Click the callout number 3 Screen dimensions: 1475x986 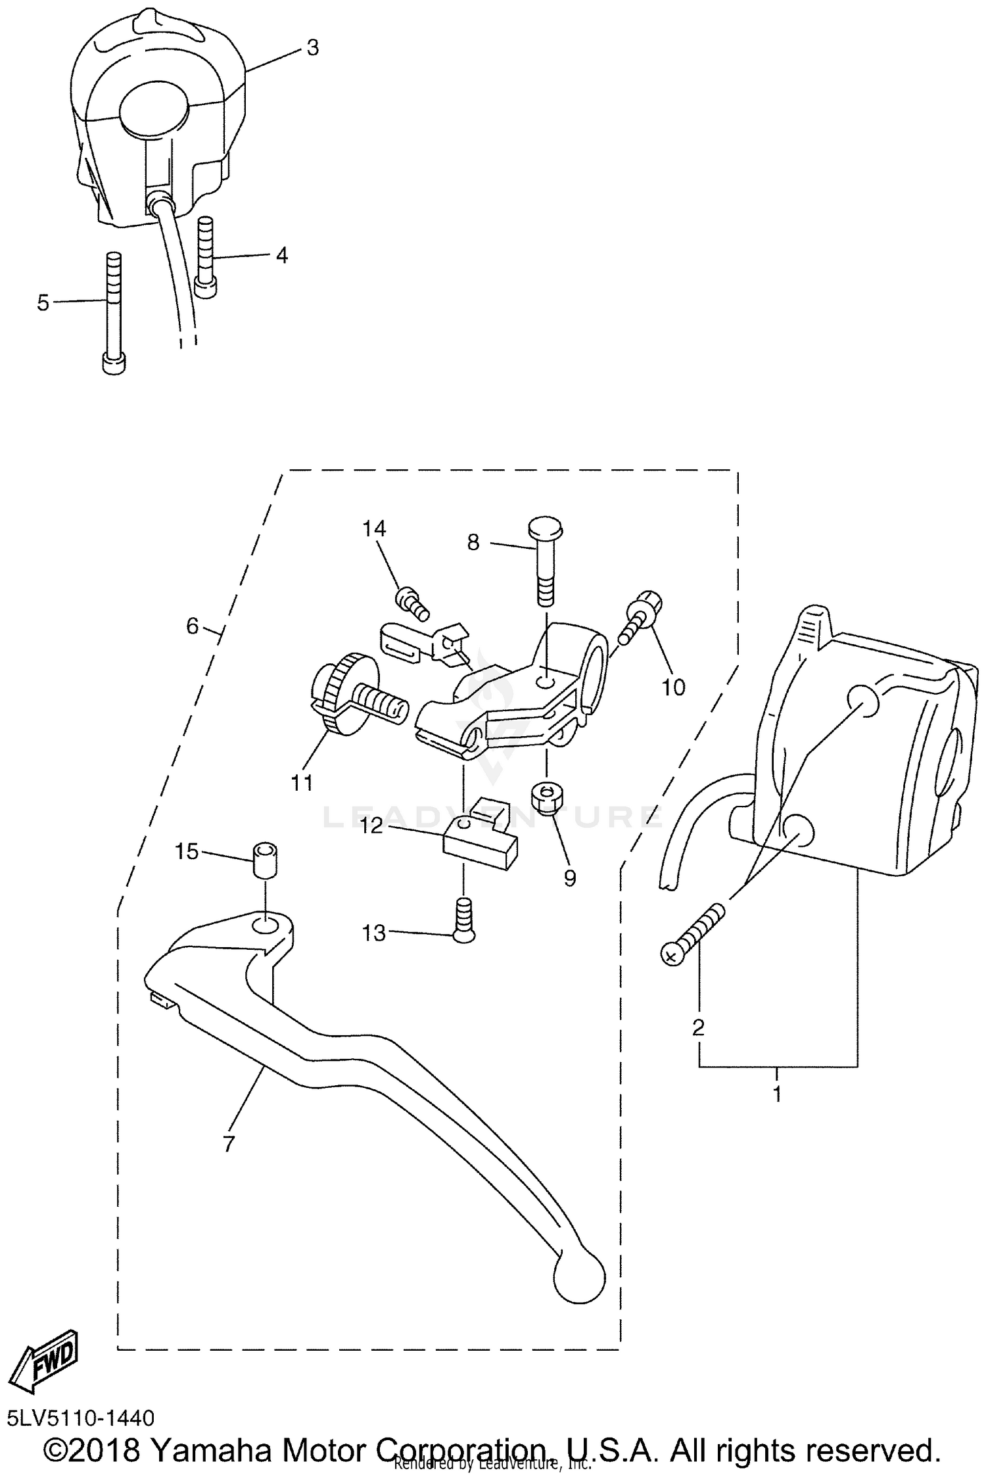coord(312,47)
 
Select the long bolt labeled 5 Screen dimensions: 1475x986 coord(114,312)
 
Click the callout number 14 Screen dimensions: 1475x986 coord(374,528)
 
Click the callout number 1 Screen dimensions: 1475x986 coord(777,1094)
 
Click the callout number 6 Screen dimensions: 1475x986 coord(192,626)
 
